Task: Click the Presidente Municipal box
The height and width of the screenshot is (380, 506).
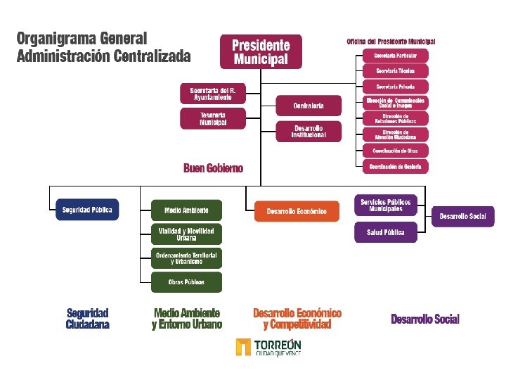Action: tap(261, 51)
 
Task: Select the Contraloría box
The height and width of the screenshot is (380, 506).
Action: tap(309, 106)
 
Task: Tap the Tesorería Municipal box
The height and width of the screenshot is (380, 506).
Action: tap(213, 119)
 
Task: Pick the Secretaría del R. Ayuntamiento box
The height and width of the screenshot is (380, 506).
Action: tap(213, 94)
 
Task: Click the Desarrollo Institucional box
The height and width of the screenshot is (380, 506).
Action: tap(309, 131)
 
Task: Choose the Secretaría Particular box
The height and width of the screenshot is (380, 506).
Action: tap(395, 55)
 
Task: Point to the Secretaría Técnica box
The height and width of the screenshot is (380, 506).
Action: tap(395, 71)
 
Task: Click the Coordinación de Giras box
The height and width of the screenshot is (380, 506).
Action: tap(395, 151)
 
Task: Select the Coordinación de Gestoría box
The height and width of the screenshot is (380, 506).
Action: tap(395, 167)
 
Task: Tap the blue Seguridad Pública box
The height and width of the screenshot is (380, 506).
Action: tap(87, 210)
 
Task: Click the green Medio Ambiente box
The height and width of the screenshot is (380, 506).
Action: tap(186, 210)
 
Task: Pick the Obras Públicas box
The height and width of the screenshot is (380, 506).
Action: tap(186, 282)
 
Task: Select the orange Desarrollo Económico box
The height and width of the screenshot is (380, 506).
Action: tap(297, 211)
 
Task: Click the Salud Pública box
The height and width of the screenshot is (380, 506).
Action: tap(385, 232)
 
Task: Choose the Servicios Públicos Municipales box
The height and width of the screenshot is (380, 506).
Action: tap(385, 205)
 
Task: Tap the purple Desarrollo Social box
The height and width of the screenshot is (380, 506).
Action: tap(463, 216)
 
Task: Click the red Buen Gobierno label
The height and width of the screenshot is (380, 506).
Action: tap(214, 168)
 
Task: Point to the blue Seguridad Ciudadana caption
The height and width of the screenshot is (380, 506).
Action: tap(88, 319)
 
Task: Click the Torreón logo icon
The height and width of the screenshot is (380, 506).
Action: tap(243, 347)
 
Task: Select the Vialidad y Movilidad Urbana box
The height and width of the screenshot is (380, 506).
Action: tap(186, 234)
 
